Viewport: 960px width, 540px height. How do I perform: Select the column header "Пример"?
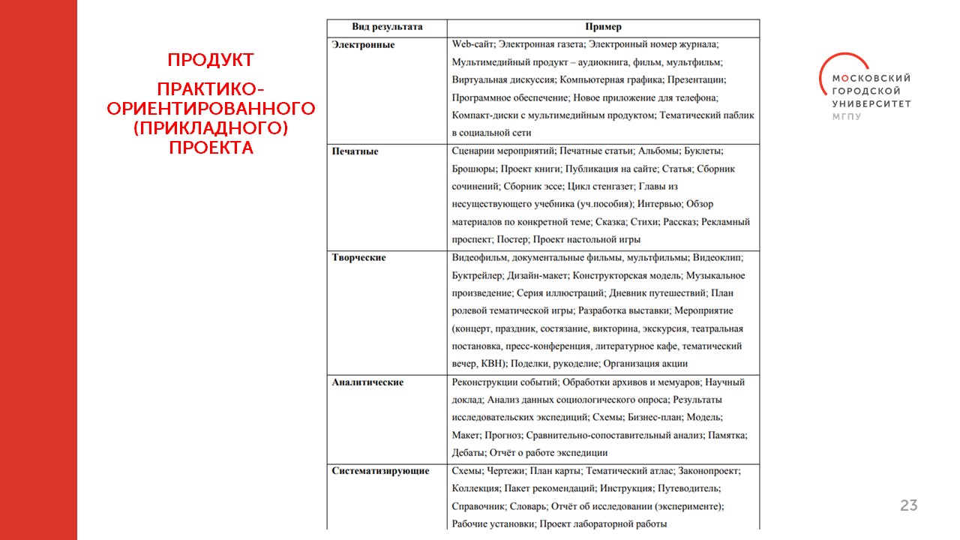point(603,27)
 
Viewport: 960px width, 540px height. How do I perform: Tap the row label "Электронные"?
point(363,45)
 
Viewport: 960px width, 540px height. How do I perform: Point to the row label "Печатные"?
point(355,151)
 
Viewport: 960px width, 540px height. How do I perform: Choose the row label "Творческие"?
point(358,258)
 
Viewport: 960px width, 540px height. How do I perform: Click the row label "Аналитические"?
point(367,382)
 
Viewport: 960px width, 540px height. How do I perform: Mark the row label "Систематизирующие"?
point(380,471)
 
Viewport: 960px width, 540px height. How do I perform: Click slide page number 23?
point(908,505)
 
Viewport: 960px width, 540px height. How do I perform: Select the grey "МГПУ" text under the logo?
point(847,117)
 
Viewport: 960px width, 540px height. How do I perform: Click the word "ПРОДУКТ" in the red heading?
point(211,60)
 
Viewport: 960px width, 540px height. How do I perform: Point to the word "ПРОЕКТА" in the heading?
point(211,148)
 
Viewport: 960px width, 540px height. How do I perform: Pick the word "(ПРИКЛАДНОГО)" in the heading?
point(211,128)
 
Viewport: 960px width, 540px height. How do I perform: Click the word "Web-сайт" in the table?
point(472,45)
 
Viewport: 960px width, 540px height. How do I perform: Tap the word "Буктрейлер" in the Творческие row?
point(476,275)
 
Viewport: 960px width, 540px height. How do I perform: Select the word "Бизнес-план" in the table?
point(652,418)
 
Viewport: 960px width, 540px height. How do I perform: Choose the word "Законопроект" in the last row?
point(709,471)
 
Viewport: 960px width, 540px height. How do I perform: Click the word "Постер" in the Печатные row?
point(512,240)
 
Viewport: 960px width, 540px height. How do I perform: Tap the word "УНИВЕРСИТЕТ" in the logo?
point(871,104)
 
